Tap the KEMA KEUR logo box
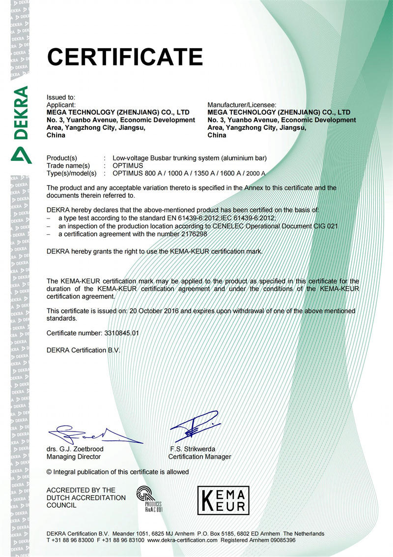click(x=223, y=500)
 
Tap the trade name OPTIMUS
click(x=128, y=165)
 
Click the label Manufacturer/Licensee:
click(x=242, y=105)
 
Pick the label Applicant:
click(x=61, y=105)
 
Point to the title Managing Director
click(x=74, y=457)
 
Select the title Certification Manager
click(x=199, y=457)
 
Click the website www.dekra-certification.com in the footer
click(x=182, y=540)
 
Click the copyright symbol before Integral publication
click(x=49, y=472)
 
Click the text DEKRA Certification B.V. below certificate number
click(x=83, y=350)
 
